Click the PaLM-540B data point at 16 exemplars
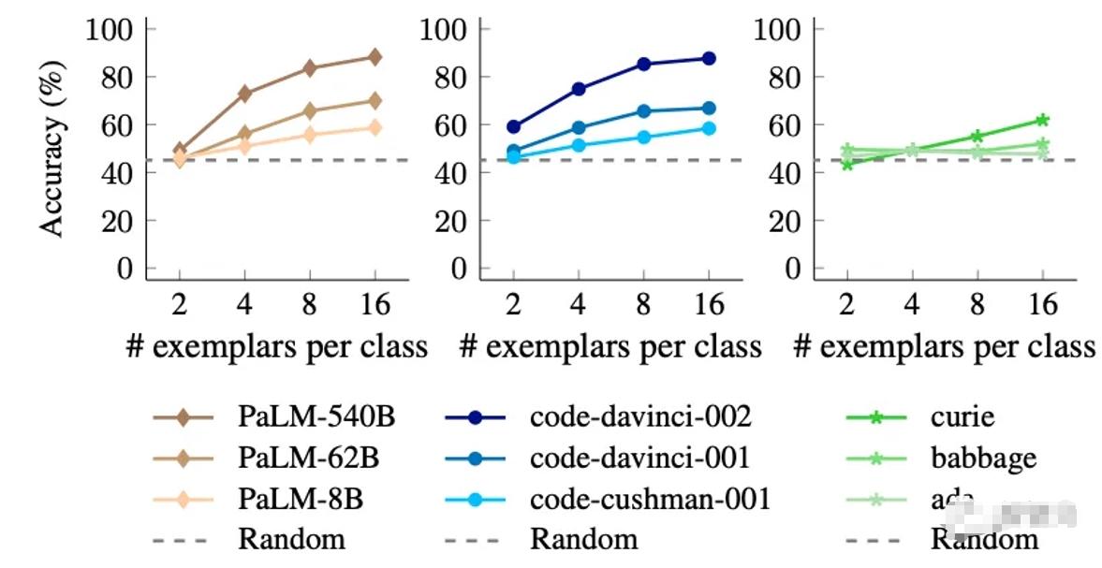click(375, 57)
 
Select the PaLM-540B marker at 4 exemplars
click(244, 94)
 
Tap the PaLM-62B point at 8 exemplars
click(310, 110)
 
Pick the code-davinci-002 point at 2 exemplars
click(513, 126)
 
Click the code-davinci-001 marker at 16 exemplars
click(709, 108)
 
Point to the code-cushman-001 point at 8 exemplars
click(644, 137)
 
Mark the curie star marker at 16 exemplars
click(1042, 120)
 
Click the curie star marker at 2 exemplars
click(847, 164)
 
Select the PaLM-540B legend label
click(316, 416)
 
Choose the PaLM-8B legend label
click(301, 499)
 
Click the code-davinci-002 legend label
click(640, 416)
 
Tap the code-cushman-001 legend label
click(650, 499)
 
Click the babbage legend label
click(983, 458)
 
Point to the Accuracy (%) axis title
click(53, 149)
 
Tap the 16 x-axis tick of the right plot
click(1042, 304)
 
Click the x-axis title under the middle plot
click(610, 347)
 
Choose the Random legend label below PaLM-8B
click(291, 539)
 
